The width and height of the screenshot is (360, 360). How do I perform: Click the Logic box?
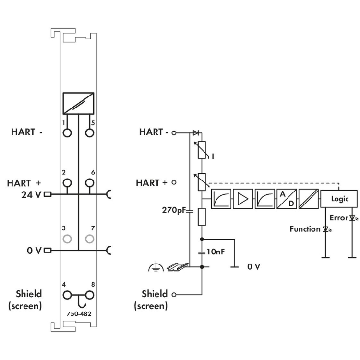pos(339,198)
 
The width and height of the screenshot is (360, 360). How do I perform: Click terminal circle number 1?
pos(67,132)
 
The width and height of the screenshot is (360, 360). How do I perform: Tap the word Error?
pos(338,218)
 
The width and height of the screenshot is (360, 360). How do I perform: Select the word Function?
pos(305,229)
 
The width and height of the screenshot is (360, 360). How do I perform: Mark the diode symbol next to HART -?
pos(195,132)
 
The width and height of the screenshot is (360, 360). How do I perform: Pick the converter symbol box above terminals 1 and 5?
pos(78,103)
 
